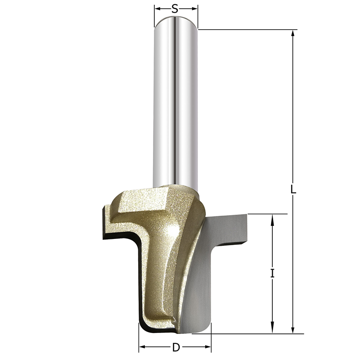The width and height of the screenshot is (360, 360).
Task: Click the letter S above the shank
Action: point(175,8)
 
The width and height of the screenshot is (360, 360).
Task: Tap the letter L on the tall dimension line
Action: point(293,189)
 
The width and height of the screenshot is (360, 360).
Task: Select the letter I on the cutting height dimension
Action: point(272,273)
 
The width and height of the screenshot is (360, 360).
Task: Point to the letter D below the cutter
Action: point(176,347)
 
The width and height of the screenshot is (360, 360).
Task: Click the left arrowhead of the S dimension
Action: point(157,8)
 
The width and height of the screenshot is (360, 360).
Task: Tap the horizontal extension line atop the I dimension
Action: point(265,214)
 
